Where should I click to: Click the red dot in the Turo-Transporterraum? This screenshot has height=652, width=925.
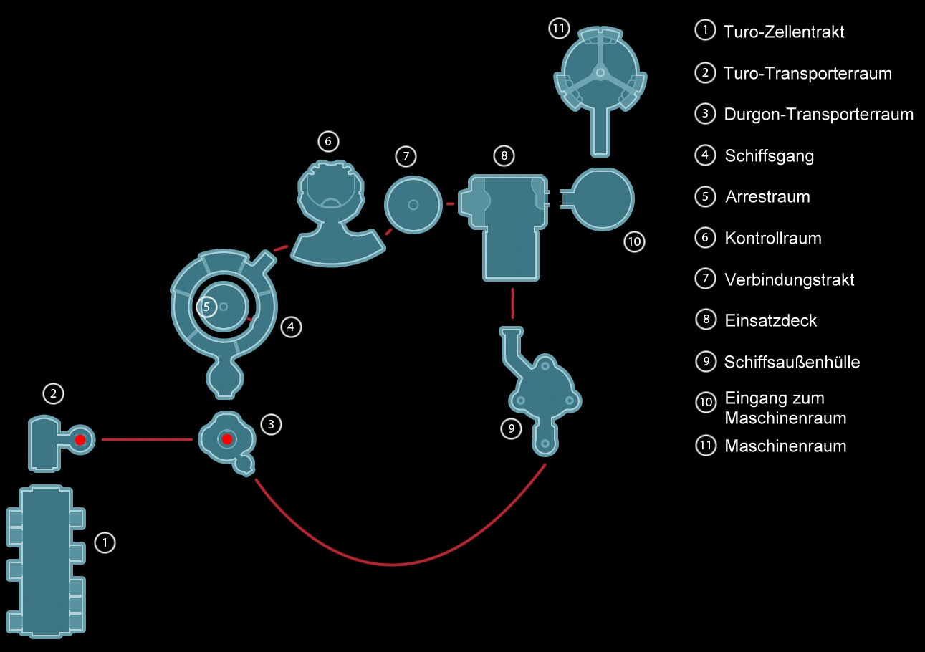[80, 439]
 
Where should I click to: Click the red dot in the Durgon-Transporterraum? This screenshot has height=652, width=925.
[227, 438]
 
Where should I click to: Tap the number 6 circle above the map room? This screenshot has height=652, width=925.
[327, 141]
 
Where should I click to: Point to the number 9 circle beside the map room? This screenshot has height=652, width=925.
[511, 428]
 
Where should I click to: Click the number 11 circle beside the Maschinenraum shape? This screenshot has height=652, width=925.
[559, 29]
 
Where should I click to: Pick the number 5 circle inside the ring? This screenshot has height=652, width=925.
[206, 307]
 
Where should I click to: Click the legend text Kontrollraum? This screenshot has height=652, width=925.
[772, 238]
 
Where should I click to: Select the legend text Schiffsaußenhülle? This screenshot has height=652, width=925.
[792, 362]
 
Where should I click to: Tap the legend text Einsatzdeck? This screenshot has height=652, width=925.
[770, 320]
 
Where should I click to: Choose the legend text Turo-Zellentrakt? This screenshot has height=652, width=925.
[783, 32]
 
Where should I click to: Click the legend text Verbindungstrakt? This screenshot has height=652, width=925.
[789, 279]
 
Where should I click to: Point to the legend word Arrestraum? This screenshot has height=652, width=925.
[767, 197]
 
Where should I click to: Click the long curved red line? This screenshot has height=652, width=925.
[393, 565]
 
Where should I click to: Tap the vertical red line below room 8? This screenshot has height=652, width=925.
[512, 303]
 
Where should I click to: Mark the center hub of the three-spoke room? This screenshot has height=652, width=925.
[600, 72]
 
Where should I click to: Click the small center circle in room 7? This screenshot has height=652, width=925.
[413, 205]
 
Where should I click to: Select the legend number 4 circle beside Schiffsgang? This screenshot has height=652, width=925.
[706, 155]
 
